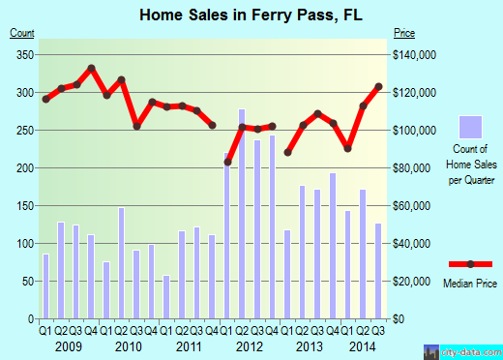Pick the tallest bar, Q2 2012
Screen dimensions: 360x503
point(242,214)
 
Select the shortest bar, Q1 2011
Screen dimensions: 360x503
point(166,297)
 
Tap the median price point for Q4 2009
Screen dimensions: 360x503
point(91,69)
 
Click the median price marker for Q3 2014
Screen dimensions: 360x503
point(378,88)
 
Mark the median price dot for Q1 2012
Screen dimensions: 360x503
point(227,162)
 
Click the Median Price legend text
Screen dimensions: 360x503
point(469,285)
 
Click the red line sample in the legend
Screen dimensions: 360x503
point(469,264)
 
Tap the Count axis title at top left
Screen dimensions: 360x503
point(22,33)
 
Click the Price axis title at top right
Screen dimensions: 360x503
point(402,33)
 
